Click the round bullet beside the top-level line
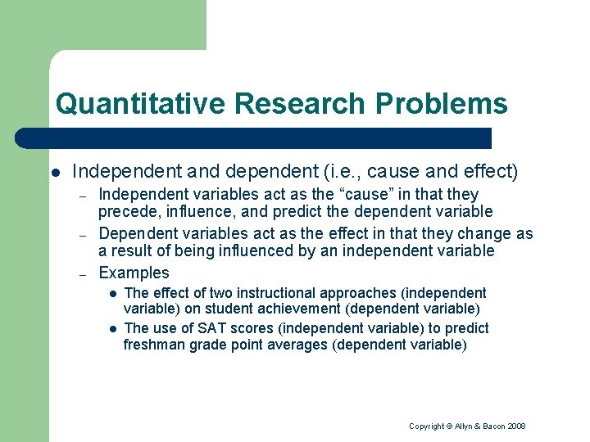(55, 173)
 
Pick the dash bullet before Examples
(82, 273)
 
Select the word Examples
(134, 273)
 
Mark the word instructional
(265, 292)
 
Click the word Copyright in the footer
(427, 426)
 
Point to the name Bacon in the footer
(490, 426)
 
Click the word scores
(242, 328)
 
